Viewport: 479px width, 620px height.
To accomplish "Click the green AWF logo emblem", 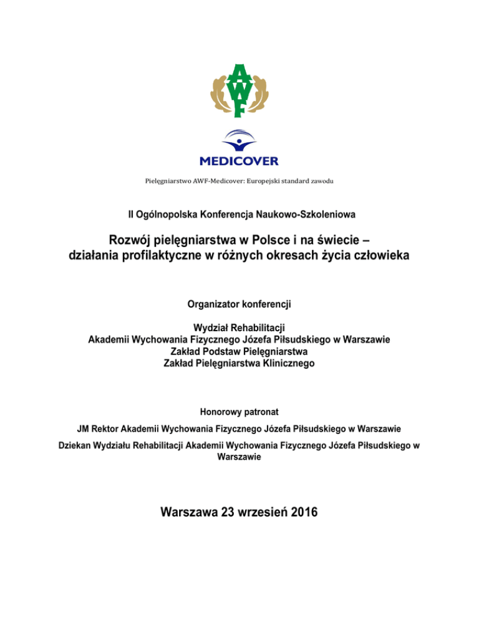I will point(239,90).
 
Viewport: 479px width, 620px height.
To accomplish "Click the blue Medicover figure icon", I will point(239,141).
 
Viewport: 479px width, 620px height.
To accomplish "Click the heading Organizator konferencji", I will point(239,306).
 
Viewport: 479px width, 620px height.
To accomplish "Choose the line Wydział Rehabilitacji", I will point(239,328).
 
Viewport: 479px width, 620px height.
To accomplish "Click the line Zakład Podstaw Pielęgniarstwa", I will point(239,351).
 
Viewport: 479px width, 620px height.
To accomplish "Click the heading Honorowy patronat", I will point(239,412).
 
